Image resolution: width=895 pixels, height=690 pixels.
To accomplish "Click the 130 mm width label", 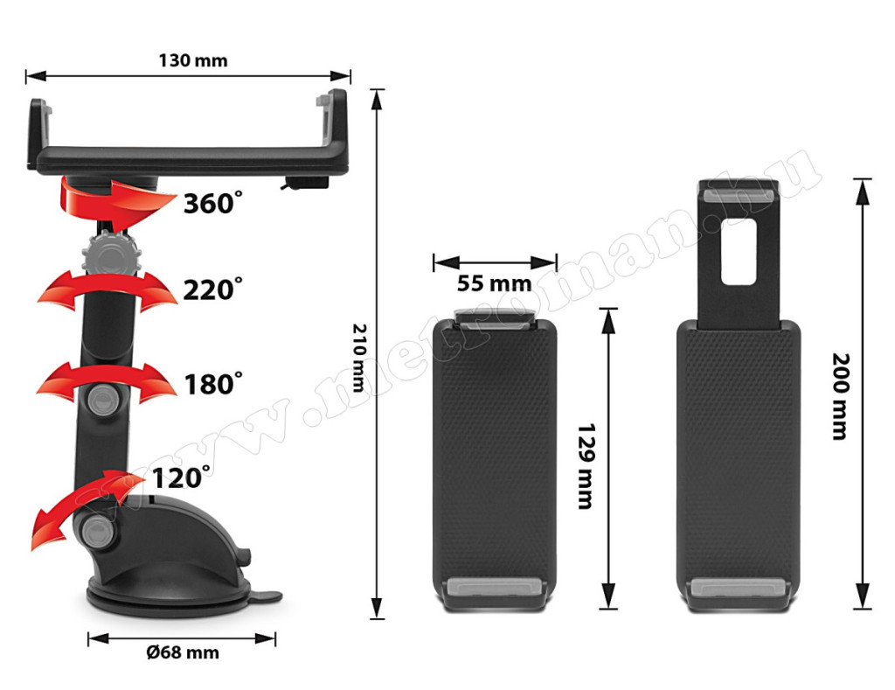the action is tap(193, 60).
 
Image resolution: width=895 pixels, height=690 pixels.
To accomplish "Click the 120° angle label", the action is tap(181, 477).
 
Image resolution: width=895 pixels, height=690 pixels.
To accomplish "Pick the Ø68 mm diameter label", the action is tap(183, 652).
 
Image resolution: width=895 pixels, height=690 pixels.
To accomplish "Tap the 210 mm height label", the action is tap(359, 358).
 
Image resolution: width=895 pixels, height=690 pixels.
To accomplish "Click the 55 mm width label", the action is tap(495, 283).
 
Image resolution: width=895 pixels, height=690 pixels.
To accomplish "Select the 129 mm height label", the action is tap(586, 466).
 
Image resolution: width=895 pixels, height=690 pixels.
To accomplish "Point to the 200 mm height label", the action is tap(840, 396).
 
